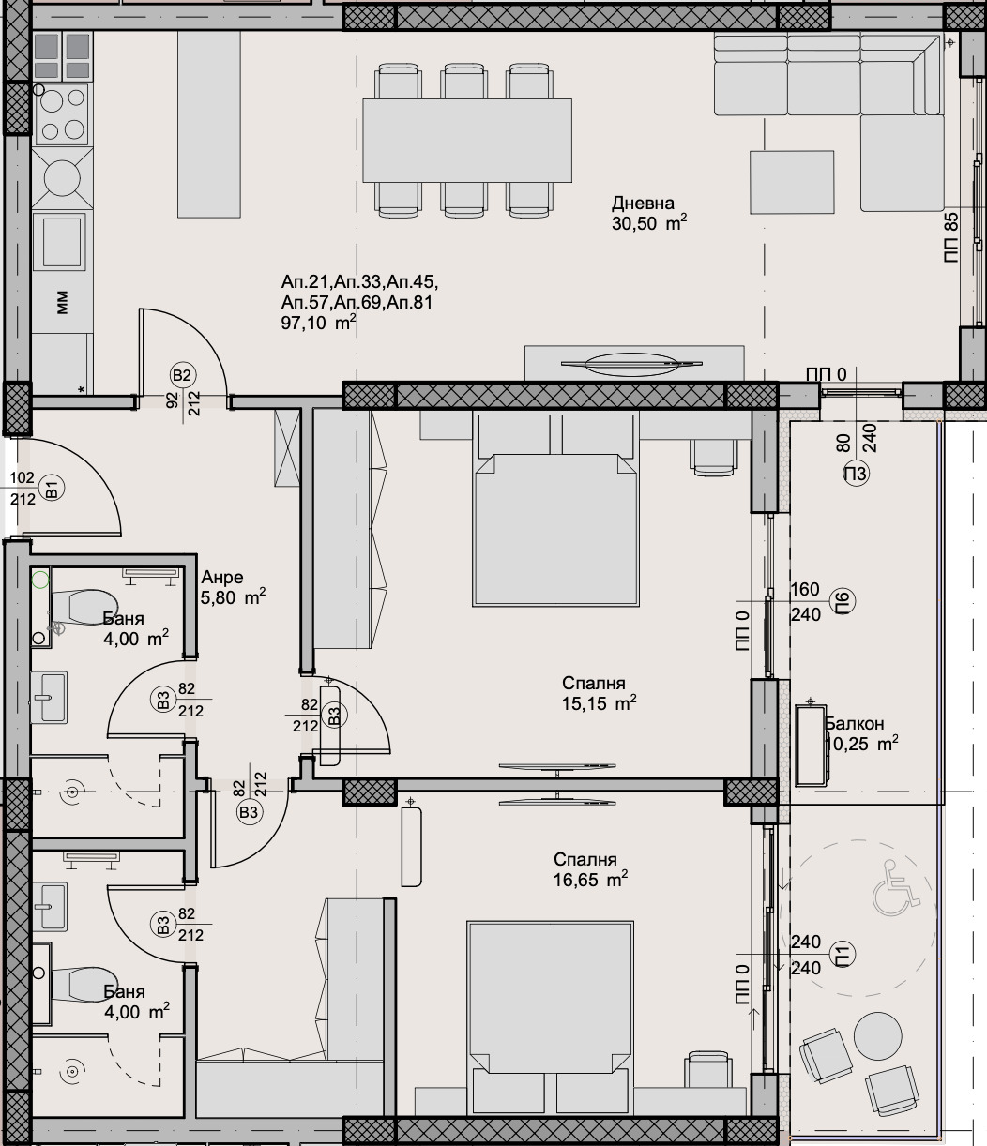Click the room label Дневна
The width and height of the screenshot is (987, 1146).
(643, 204)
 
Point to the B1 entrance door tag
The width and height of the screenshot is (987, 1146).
(53, 489)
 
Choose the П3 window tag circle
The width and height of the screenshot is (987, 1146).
(856, 474)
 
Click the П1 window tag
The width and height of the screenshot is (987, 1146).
(842, 955)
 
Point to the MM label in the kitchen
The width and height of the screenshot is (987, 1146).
(62, 301)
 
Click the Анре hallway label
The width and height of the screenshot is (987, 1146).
(222, 578)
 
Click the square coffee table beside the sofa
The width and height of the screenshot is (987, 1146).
(791, 183)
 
